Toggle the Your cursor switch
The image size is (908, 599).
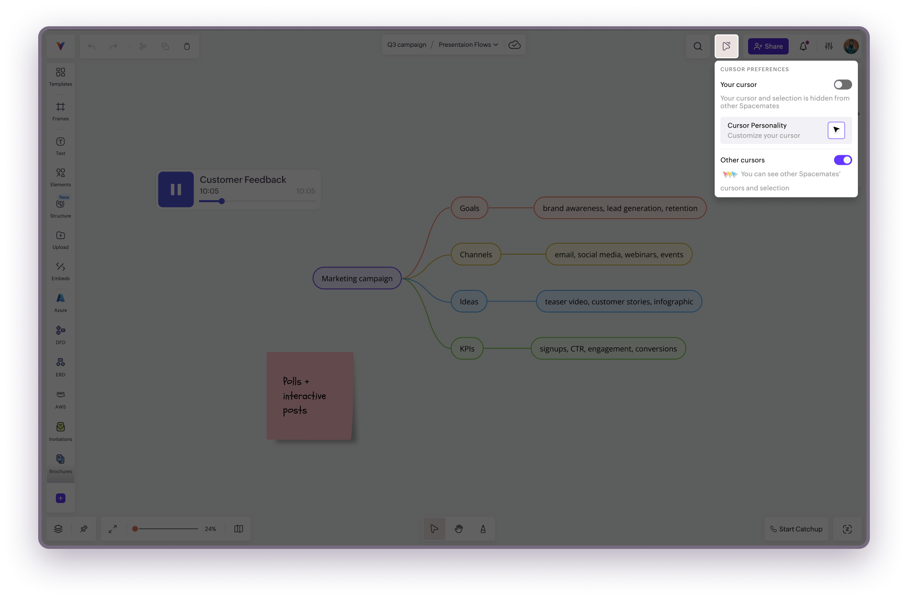[843, 85]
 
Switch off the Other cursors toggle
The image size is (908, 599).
[843, 160]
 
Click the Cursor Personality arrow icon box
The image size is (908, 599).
[836, 130]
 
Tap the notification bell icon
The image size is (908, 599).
[803, 46]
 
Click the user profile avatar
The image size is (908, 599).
[851, 46]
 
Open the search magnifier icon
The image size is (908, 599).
[697, 46]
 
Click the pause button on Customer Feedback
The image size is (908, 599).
[176, 190]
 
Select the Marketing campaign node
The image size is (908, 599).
[357, 278]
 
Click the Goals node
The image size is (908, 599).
[469, 208]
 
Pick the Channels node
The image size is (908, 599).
[476, 255]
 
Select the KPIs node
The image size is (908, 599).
[467, 349]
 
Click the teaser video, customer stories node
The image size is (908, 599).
[619, 301]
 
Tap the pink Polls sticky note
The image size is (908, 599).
[310, 396]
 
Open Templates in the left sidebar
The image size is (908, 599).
[61, 76]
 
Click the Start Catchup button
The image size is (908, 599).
[796, 529]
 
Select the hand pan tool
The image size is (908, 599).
[459, 529]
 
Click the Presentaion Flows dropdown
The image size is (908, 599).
[468, 45]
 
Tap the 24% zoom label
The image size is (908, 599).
[211, 529]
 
